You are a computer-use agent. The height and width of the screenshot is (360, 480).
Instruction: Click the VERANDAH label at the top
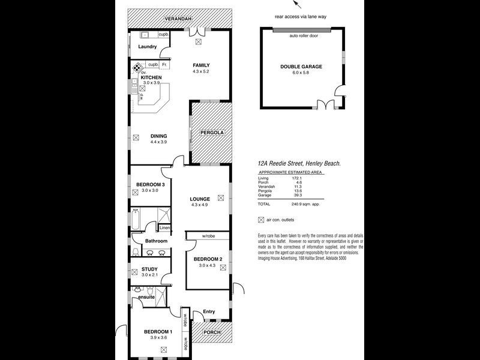pos(180,20)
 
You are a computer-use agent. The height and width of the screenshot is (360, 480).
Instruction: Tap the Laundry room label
pos(147,47)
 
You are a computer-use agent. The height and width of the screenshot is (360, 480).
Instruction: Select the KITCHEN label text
pos(151,77)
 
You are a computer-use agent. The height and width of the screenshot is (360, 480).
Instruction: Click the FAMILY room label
pos(201,65)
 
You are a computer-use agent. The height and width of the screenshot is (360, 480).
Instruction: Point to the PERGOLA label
pos(212,132)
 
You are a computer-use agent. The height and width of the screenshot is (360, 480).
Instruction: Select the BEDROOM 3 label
pos(150,184)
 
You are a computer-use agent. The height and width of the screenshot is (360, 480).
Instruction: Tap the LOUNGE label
pos(200,199)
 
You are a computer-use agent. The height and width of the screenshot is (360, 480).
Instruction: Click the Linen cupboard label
pos(164,228)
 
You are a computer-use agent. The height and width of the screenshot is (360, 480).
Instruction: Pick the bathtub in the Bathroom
pos(136,220)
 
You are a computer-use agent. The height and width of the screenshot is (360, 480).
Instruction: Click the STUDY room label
pos(149,269)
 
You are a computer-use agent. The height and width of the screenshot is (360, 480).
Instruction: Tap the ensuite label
pos(146,297)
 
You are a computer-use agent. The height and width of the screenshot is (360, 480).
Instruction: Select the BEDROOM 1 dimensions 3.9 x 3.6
pos(158,338)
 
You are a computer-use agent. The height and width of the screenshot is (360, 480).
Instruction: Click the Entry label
pos(209,311)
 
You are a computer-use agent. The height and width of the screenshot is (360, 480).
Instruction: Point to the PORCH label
pos(211,332)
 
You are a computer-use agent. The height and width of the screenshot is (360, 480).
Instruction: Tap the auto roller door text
pos(304,36)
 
